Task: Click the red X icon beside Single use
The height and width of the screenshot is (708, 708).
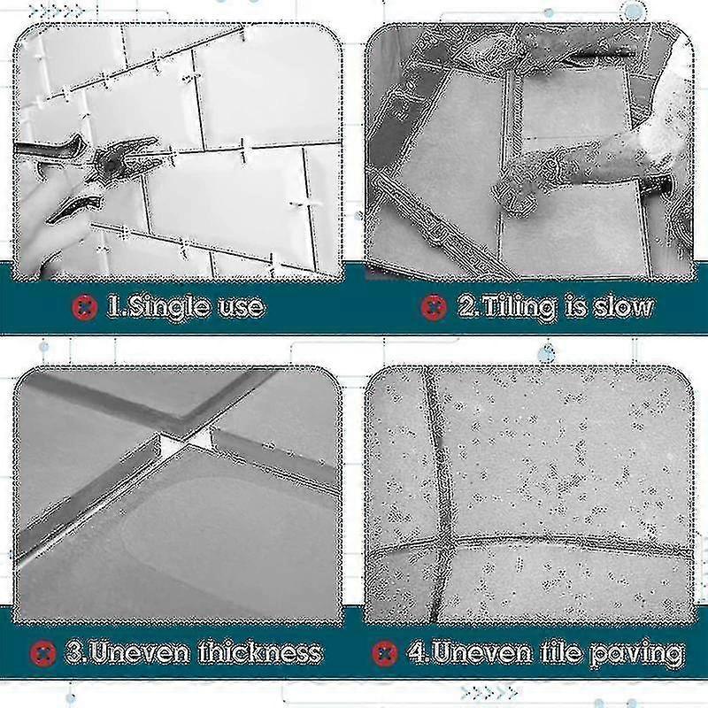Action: point(82,307)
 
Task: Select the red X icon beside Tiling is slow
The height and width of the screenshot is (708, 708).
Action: point(434,307)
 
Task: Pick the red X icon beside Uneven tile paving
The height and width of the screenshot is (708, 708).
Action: point(384,653)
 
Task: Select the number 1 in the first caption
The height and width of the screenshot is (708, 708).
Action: point(113,307)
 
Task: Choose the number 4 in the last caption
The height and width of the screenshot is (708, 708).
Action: point(416,653)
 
